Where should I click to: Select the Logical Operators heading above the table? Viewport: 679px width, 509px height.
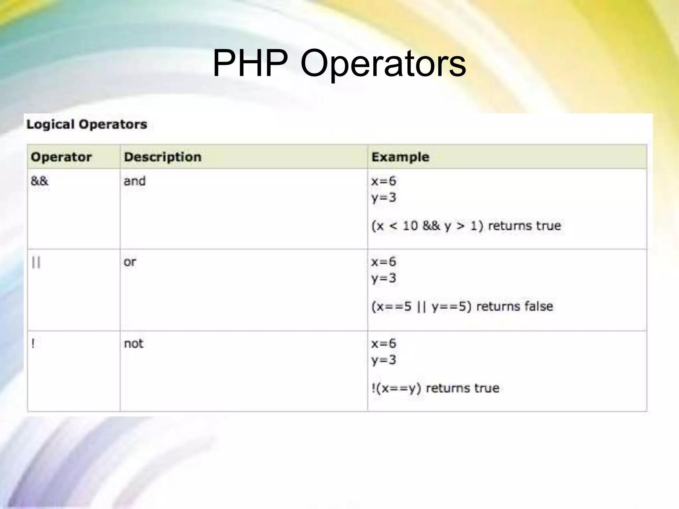(87, 125)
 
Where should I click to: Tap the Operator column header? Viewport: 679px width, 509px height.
(61, 157)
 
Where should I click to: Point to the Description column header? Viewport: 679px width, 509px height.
(162, 157)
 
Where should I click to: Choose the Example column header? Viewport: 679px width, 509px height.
(400, 157)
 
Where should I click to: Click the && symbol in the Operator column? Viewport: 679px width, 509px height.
(39, 181)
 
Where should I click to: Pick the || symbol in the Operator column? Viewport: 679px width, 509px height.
(36, 262)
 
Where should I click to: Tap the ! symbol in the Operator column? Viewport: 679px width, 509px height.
(33, 344)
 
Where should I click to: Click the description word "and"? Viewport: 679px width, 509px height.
(134, 181)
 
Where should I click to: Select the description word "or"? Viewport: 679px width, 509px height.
(130, 262)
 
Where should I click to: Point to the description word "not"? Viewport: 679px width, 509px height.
(133, 344)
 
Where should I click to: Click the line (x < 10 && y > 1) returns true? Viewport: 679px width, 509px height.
(466, 226)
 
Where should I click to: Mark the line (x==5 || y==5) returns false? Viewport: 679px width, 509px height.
(462, 307)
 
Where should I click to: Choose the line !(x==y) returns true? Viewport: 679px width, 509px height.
(435, 388)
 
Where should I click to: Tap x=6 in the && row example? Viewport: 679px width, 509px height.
(384, 181)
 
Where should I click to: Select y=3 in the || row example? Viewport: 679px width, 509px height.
(384, 278)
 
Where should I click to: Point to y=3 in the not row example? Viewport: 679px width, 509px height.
(384, 360)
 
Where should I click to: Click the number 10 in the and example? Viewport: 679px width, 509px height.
(410, 226)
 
